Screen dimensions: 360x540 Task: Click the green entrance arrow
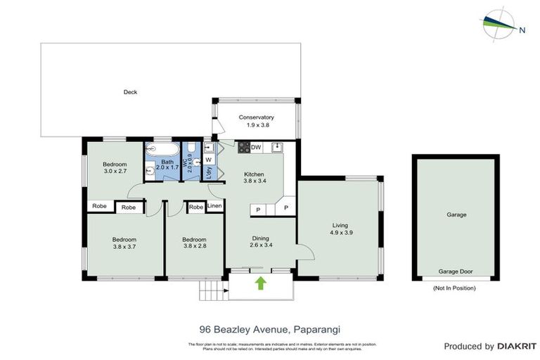pyautogui.click(x=261, y=283)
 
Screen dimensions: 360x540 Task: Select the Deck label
pyautogui.click(x=130, y=92)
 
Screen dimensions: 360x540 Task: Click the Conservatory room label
pyautogui.click(x=256, y=117)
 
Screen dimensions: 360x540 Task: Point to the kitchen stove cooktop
pyautogui.click(x=244, y=147)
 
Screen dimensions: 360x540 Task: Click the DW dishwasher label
pyautogui.click(x=257, y=147)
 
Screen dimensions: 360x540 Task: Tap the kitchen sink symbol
pyautogui.click(x=278, y=147)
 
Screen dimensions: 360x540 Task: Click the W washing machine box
pyautogui.click(x=208, y=160)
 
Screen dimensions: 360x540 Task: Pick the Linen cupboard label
pyautogui.click(x=215, y=207)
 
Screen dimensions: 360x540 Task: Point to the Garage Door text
pyautogui.click(x=454, y=271)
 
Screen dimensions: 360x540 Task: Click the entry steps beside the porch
pyautogui.click(x=211, y=288)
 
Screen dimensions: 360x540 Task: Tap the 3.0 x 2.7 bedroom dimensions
pyautogui.click(x=115, y=171)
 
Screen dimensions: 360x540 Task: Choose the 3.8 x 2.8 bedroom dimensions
pyautogui.click(x=193, y=247)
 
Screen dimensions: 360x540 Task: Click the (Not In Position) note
pyautogui.click(x=455, y=288)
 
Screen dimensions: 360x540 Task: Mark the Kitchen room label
pyautogui.click(x=253, y=174)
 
